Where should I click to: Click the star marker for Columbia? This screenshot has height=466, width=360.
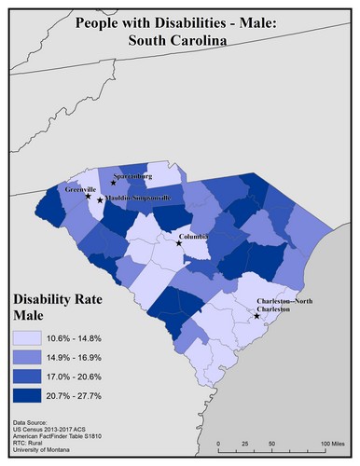pos(180,243)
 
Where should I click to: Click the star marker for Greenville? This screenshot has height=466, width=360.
pos(89,197)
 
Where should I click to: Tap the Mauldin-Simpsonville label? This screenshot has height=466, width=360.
pos(137,198)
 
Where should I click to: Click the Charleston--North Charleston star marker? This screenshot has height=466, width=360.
pos(257,317)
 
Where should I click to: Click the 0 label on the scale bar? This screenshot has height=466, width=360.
pos(218,441)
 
